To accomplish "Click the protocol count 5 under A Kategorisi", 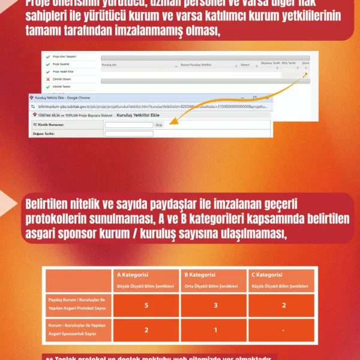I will coord(147,305).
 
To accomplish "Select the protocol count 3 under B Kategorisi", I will coord(214,305).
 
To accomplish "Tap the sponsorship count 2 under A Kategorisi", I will coord(147,330).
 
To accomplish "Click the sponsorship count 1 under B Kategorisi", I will coord(214,330).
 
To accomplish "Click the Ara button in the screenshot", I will coord(159,124).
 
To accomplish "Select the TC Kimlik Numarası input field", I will coord(128,124).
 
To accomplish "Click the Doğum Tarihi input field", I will coord(128,133).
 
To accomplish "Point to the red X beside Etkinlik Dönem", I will coord(47,79).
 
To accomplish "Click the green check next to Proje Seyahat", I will coord(47,63).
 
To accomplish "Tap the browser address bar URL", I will coord(150,104).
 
